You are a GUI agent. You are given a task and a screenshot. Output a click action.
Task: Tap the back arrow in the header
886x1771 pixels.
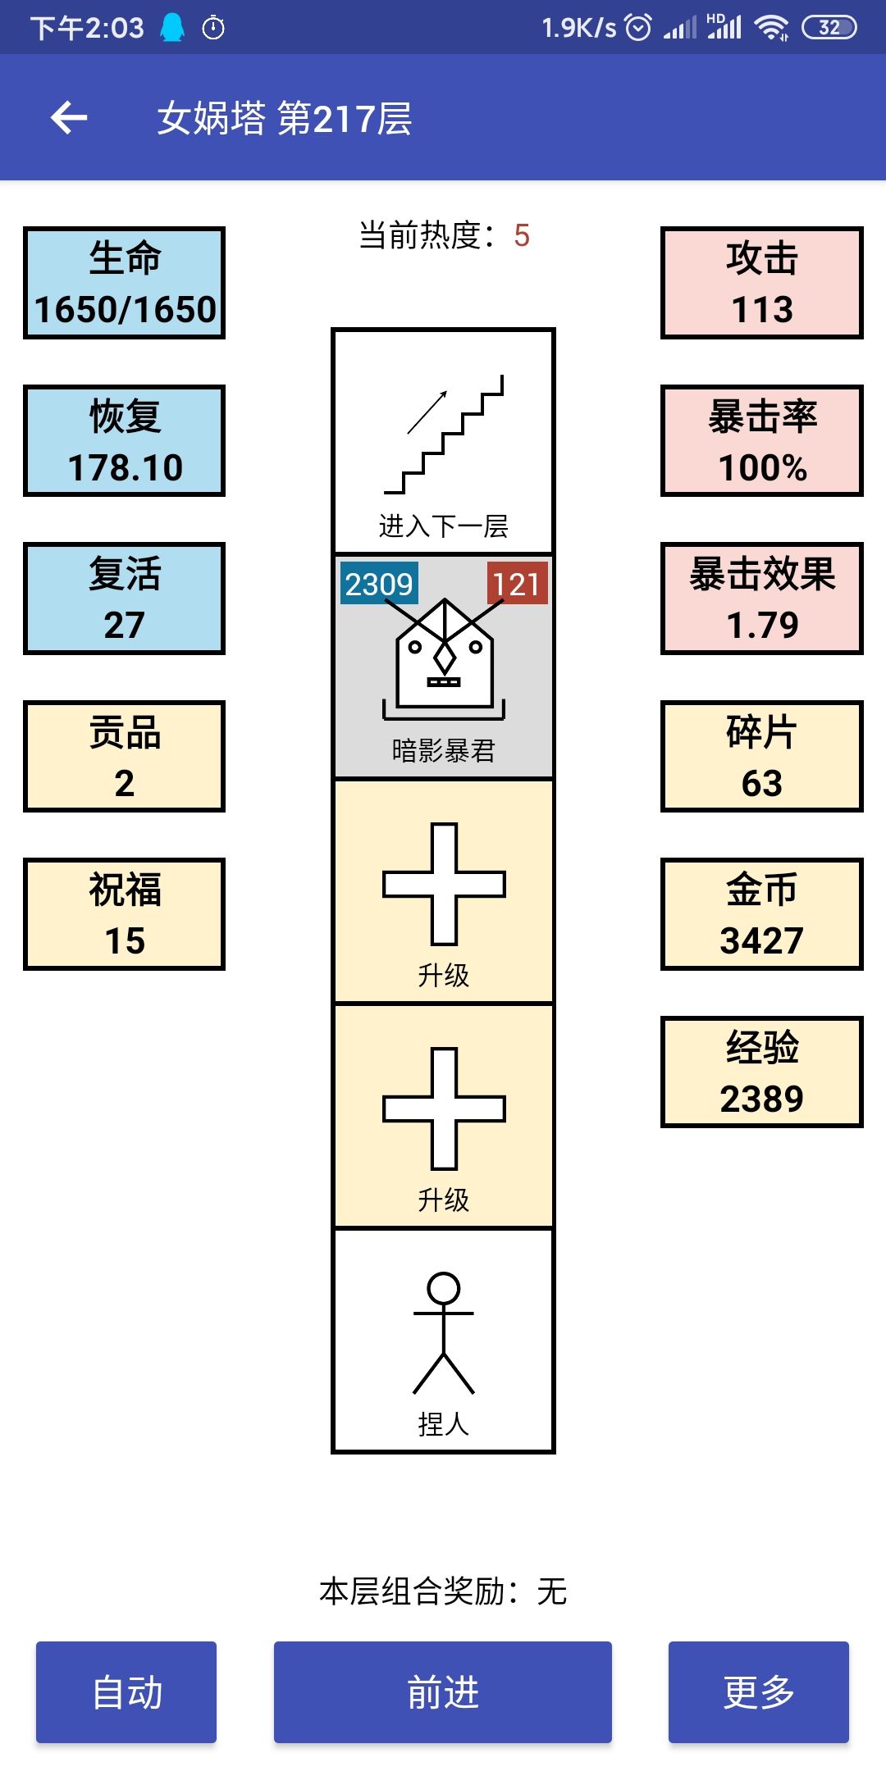point(69,118)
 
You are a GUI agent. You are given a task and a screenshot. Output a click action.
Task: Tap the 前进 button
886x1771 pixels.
point(443,1691)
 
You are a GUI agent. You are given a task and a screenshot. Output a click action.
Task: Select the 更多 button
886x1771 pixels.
point(759,1691)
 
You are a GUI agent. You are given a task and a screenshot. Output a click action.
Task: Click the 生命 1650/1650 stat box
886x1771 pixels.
point(124,283)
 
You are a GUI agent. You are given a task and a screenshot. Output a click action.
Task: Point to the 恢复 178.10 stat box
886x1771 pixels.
point(124,441)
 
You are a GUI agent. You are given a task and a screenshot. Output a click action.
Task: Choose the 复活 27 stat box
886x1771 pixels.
point(124,599)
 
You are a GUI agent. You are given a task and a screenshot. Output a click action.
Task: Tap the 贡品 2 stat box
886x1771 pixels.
point(124,757)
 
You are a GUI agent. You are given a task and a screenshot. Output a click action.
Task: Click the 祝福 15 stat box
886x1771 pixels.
point(124,914)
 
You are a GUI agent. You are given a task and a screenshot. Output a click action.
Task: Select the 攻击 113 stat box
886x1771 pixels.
point(762,283)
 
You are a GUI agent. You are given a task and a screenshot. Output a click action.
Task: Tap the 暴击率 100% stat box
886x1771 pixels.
point(762,441)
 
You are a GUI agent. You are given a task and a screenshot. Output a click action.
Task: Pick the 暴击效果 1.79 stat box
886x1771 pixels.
point(762,599)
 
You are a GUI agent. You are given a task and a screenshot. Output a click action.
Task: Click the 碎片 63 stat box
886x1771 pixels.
point(762,757)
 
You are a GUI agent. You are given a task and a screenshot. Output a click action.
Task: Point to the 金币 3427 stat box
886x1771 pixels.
point(762,914)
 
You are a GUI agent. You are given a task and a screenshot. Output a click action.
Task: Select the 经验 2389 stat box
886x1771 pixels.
point(762,1072)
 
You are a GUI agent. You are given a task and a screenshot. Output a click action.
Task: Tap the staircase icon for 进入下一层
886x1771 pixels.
point(444,435)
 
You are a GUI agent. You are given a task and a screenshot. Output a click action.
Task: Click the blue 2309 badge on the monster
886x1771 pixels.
point(379,584)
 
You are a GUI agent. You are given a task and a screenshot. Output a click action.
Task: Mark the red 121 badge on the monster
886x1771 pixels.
point(517,584)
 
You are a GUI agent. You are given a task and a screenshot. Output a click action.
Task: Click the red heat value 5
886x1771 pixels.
point(522,236)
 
